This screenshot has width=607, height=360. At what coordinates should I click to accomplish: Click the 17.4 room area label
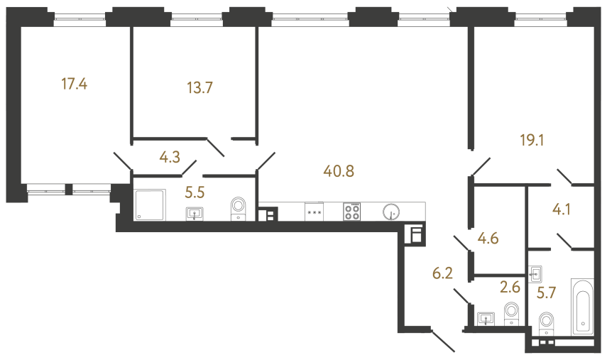(75, 84)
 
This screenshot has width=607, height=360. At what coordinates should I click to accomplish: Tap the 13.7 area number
(199, 88)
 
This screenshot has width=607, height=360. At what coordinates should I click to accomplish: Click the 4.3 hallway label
(169, 158)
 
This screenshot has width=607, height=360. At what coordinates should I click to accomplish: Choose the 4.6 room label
(488, 238)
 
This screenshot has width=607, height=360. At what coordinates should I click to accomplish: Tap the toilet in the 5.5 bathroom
(238, 208)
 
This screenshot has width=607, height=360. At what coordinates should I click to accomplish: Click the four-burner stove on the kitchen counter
(352, 212)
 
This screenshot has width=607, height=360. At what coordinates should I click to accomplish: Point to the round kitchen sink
(390, 212)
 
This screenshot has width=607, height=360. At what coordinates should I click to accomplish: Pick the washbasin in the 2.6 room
(486, 318)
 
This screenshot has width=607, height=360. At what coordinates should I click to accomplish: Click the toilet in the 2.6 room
(510, 313)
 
